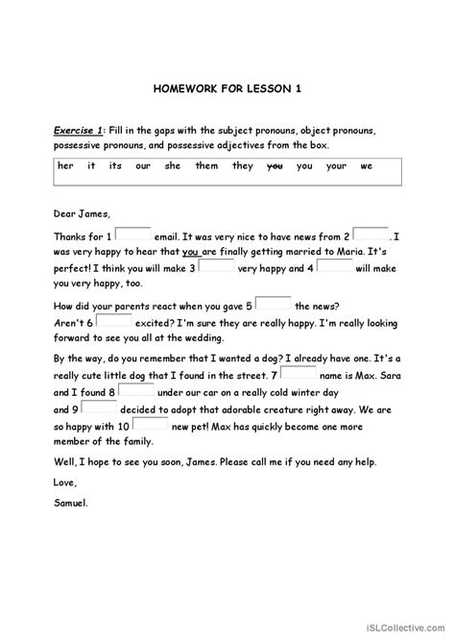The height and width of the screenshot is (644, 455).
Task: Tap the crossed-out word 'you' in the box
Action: [274, 165]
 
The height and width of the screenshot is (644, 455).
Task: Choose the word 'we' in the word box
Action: [366, 165]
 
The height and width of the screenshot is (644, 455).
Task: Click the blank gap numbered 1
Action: [135, 234]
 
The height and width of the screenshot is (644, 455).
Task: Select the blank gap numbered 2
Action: [371, 234]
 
